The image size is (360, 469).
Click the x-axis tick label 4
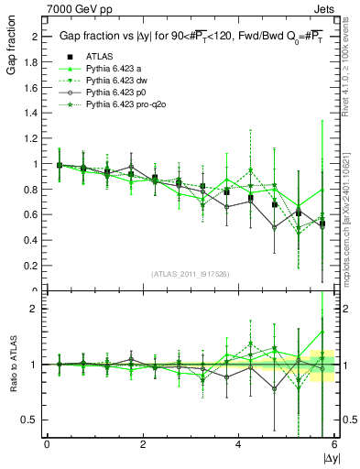tap(238, 443)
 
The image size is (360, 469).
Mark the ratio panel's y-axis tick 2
tap(37, 309)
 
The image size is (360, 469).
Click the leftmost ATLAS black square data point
tap(60, 166)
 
